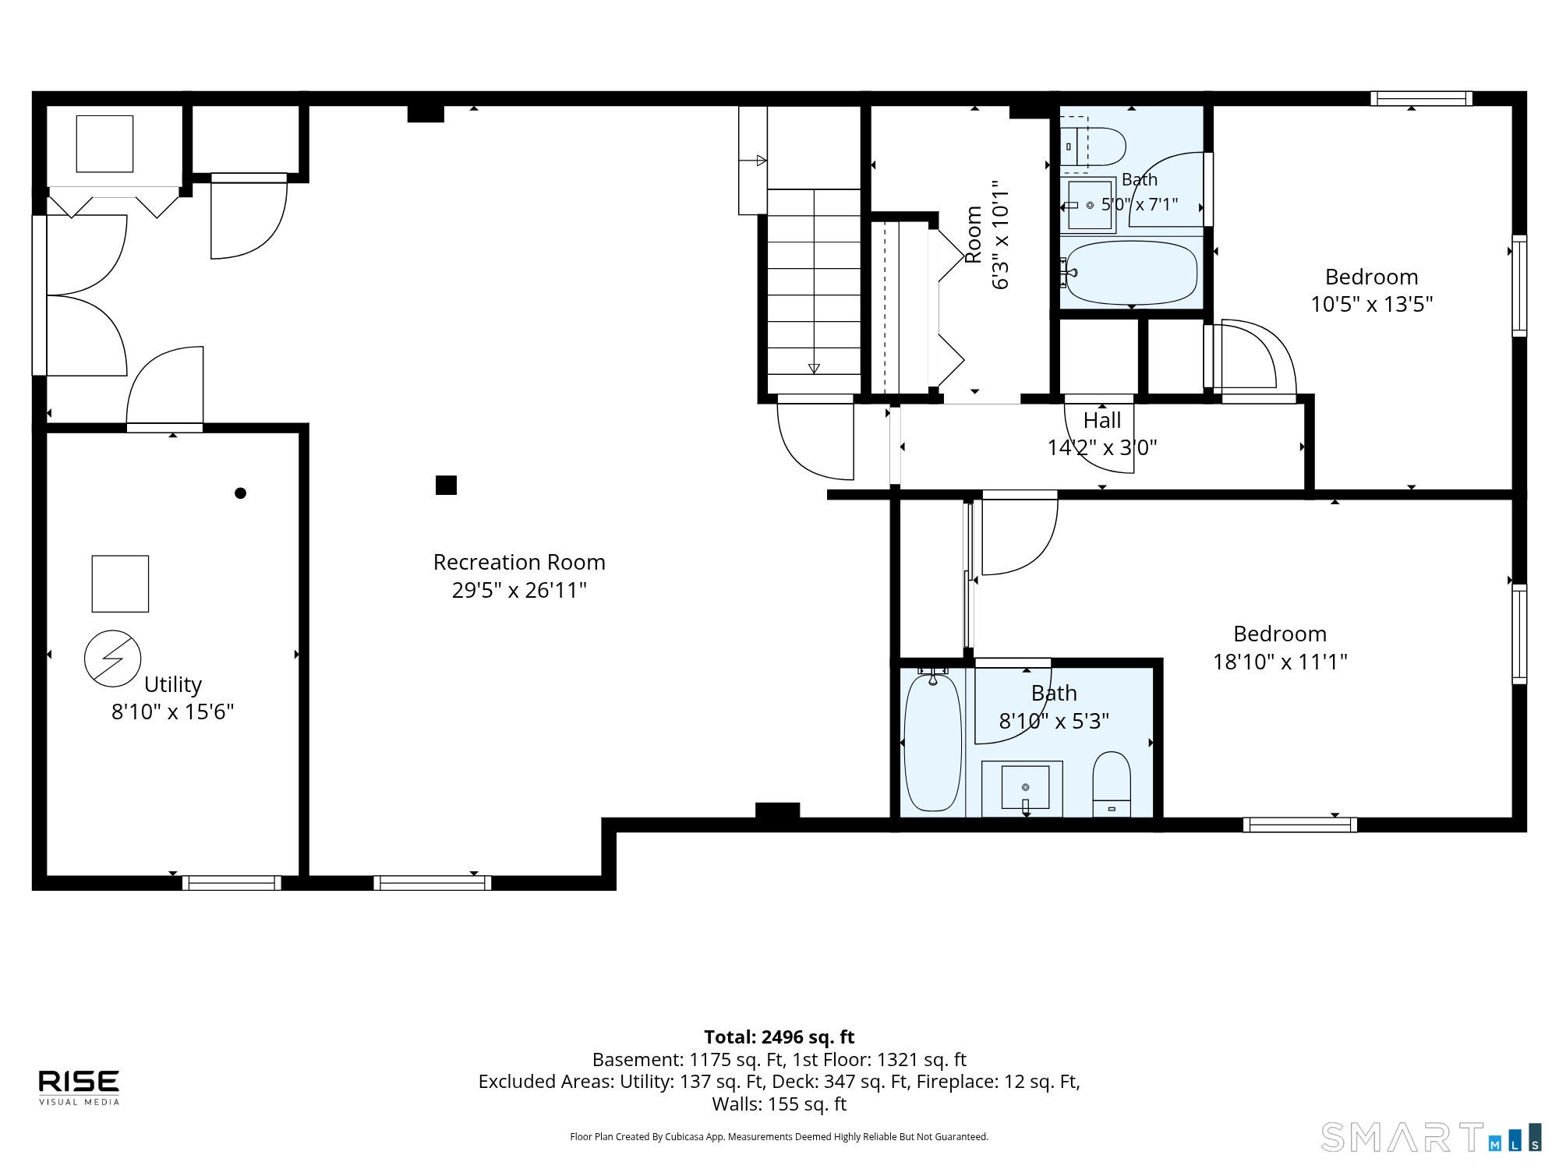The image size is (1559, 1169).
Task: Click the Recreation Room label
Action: (519, 562)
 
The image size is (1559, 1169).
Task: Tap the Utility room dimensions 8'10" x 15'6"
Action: (173, 712)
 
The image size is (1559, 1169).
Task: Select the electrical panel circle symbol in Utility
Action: (113, 659)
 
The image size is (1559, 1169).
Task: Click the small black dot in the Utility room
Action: (240, 493)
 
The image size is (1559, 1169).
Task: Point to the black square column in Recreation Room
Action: (446, 485)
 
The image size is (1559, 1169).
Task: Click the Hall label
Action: (1102, 421)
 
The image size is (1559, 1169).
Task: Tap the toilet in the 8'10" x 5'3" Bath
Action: (1112, 784)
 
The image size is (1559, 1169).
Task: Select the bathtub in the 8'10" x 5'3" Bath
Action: (933, 743)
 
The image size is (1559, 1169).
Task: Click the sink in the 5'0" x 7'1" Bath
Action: (1089, 205)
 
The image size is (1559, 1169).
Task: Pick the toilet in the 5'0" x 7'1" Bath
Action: (1093, 146)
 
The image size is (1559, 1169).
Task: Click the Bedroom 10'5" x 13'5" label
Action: (1372, 291)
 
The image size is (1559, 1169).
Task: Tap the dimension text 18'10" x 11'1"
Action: (1280, 662)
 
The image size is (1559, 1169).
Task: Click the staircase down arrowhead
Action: (814, 369)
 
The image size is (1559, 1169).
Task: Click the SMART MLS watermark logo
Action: (1431, 1137)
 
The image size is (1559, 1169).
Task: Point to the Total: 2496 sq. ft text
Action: (779, 1037)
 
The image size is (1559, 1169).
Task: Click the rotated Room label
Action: (974, 235)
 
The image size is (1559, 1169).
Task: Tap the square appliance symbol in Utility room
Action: (120, 584)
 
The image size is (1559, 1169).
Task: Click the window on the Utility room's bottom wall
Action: (232, 883)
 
